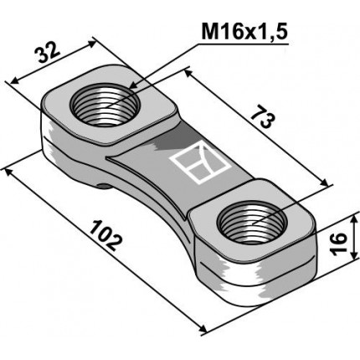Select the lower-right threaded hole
coord(250,224)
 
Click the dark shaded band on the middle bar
coord(163,142)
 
